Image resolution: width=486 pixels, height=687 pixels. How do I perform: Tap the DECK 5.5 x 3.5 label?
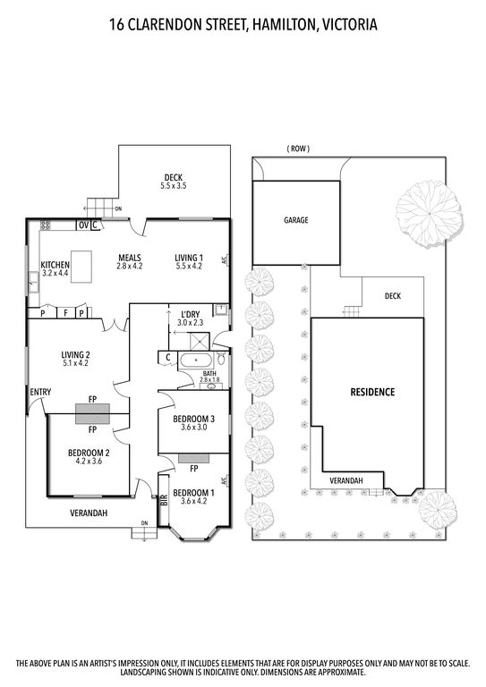(x=174, y=182)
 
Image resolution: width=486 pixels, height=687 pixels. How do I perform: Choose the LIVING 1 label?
(x=189, y=261)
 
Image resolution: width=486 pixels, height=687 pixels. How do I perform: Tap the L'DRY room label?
(x=190, y=318)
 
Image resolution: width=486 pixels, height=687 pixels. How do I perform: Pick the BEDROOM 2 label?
(x=89, y=457)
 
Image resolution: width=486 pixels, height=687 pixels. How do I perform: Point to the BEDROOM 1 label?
(x=193, y=497)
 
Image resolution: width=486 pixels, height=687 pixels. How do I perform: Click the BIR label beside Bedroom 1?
(x=163, y=504)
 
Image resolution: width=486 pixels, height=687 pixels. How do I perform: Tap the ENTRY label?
(x=40, y=392)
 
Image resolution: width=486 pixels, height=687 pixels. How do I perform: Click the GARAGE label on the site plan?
(x=295, y=219)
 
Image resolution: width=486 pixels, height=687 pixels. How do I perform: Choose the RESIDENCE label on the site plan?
(x=371, y=392)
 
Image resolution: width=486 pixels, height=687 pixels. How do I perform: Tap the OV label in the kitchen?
(x=83, y=225)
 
